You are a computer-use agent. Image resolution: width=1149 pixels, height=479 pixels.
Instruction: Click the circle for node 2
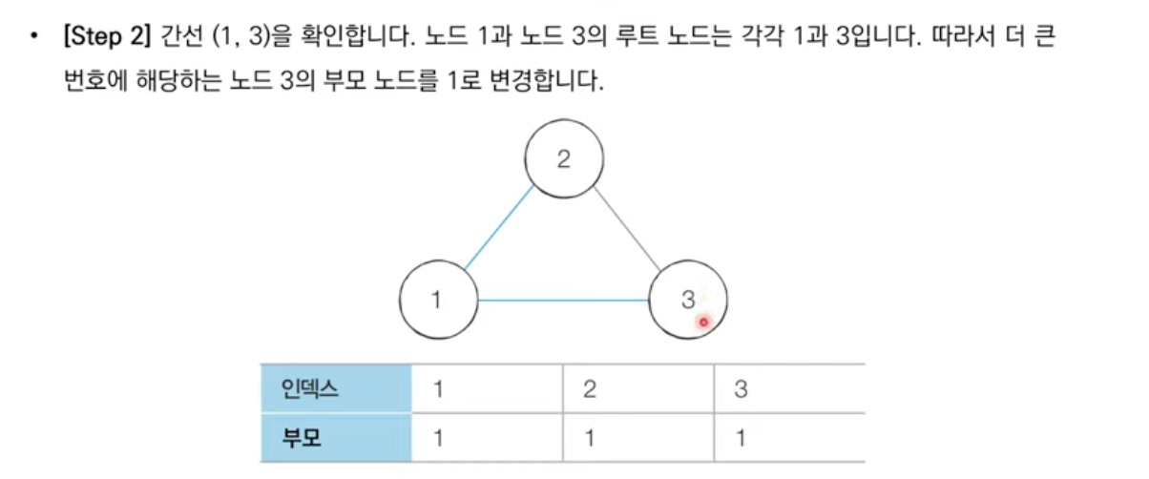tap(564, 159)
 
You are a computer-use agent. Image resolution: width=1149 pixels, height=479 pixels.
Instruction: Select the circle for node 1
tap(438, 300)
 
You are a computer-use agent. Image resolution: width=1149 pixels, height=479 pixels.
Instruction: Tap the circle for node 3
tap(688, 300)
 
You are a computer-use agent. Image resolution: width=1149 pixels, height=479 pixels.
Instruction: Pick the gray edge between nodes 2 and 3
tap(627, 227)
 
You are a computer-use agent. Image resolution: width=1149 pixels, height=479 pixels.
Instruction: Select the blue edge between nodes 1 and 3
tap(563, 301)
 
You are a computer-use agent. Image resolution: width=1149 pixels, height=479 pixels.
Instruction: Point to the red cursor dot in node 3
tap(703, 323)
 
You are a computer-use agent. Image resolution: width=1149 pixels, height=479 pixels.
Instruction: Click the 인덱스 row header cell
tap(336, 388)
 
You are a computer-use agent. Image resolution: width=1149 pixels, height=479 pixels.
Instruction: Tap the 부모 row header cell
tap(336, 439)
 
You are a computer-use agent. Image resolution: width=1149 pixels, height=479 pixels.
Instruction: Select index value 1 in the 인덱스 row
tap(438, 389)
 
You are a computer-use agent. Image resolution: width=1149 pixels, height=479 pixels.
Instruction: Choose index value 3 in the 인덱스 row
tap(741, 389)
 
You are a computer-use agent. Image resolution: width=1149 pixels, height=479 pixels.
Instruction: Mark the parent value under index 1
tap(438, 440)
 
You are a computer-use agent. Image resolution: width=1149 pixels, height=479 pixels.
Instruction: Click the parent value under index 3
tap(741, 440)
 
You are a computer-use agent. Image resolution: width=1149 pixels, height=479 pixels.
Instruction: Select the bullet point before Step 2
tap(35, 38)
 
